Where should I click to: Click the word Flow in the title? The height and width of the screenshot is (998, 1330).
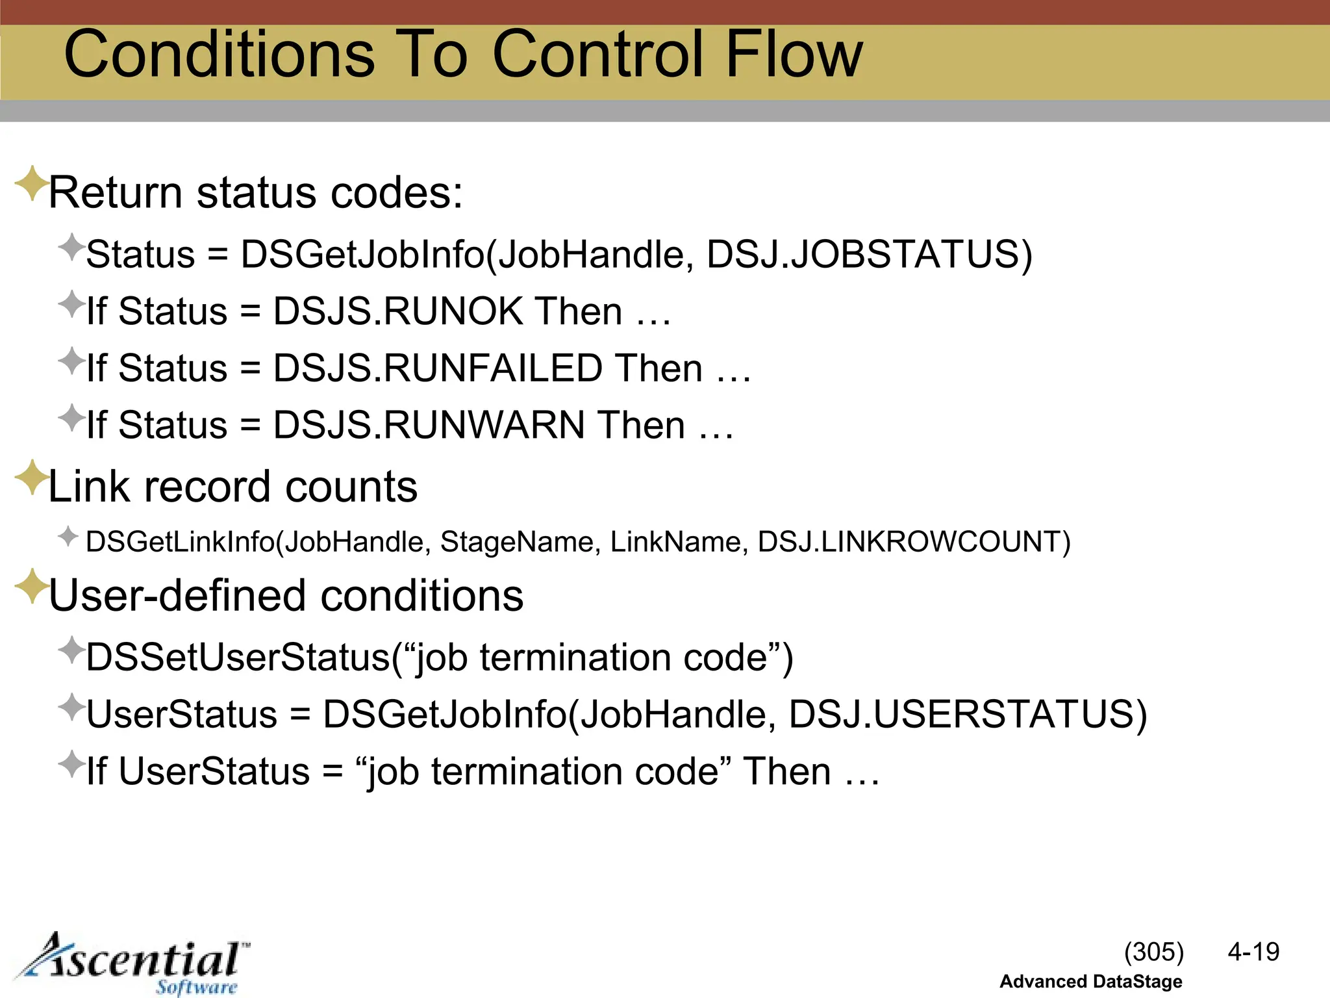[794, 55]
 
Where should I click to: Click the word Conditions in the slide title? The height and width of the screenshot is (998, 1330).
[220, 55]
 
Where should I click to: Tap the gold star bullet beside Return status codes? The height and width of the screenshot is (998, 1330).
[31, 183]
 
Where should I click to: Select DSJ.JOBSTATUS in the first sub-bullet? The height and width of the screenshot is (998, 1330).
[868, 255]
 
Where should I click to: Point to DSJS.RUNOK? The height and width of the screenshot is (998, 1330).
[397, 311]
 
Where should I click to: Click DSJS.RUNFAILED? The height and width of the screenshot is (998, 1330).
[438, 368]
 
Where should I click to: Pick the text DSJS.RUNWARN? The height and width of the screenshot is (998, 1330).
[429, 426]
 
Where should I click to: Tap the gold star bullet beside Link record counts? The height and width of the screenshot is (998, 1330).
[31, 478]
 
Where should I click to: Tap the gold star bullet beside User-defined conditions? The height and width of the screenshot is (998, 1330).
[31, 586]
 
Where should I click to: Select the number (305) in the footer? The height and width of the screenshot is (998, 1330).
[1154, 953]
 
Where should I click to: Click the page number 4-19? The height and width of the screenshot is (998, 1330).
[1253, 953]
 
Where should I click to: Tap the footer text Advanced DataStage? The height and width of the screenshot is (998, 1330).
[1090, 982]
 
